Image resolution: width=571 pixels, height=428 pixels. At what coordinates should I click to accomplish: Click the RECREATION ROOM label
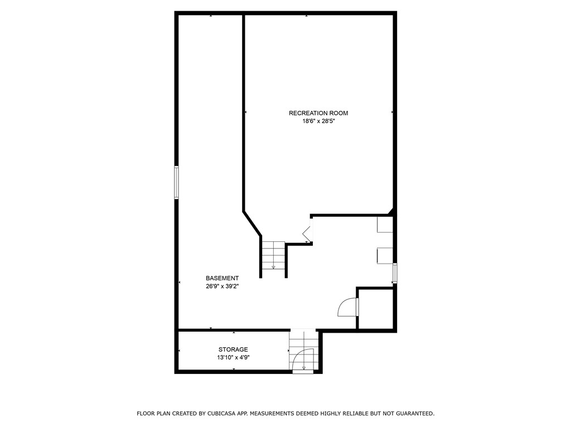pos(318,113)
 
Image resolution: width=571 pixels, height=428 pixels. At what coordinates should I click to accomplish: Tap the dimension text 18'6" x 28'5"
pos(318,121)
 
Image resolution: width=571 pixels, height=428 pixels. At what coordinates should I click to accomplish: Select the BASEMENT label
pos(222,278)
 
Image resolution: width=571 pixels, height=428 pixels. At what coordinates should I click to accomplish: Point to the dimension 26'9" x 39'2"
pos(222,286)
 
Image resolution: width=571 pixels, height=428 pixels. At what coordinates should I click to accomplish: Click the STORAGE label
pos(233,349)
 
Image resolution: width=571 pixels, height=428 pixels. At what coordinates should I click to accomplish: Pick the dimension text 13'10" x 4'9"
pos(233,358)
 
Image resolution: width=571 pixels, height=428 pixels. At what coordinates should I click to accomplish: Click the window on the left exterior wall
pos(176,182)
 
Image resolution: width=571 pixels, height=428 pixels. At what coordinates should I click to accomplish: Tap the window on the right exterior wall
pos(395,273)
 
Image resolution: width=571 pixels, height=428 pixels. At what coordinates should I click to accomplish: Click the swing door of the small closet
pos(349,307)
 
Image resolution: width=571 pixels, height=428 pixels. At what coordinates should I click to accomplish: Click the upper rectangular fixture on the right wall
pos(385,225)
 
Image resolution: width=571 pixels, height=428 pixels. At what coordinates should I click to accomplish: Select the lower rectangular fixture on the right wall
pos(385,255)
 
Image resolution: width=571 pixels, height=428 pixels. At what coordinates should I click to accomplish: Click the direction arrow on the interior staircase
pos(273,267)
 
